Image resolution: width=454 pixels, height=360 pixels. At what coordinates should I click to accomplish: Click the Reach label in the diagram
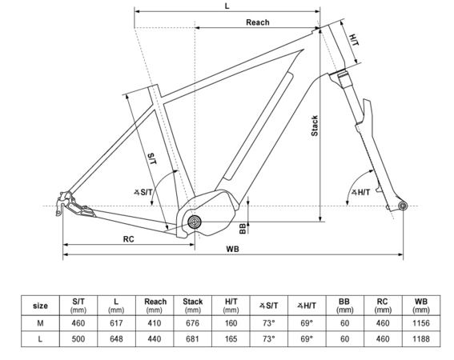click(x=257, y=22)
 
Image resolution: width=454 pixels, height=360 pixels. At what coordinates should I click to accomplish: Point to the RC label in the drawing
click(x=128, y=238)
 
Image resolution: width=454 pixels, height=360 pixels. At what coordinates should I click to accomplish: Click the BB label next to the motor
click(x=243, y=228)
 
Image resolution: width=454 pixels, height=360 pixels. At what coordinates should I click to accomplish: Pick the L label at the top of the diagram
click(x=227, y=6)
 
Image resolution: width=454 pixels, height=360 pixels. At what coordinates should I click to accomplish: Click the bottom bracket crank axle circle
click(x=195, y=222)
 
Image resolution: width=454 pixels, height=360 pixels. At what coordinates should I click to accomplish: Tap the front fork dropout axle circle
click(x=403, y=207)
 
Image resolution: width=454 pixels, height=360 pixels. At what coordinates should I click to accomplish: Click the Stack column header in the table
click(x=192, y=304)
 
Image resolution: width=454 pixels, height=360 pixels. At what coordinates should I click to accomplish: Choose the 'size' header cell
click(x=40, y=305)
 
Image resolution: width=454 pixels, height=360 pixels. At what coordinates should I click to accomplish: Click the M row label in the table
click(x=40, y=323)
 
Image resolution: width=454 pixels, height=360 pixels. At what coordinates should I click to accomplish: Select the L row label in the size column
click(x=40, y=339)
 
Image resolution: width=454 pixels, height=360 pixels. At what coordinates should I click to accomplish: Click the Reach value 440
click(x=155, y=339)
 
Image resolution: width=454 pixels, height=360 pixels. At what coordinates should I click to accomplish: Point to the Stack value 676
click(x=192, y=323)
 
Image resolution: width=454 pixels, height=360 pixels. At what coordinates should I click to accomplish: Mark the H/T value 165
click(x=231, y=339)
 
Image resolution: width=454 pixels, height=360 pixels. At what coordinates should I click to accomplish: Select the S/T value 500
click(x=78, y=339)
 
